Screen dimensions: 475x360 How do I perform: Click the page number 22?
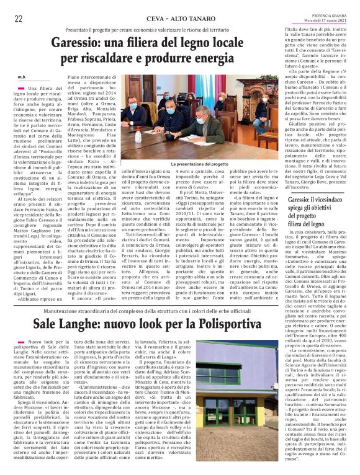point(18,19)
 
